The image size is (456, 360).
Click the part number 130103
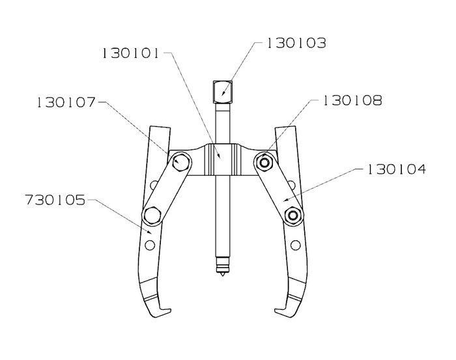coord(296,43)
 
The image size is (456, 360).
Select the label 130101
coord(130,53)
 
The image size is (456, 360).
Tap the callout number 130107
coord(66,102)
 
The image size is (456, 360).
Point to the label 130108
coord(353,100)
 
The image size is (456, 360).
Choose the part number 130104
coord(397,169)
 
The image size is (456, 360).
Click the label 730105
coord(55,200)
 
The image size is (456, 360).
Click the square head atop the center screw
coord(223,92)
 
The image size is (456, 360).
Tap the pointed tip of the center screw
coord(223,275)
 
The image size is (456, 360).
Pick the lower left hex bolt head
coord(152,216)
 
